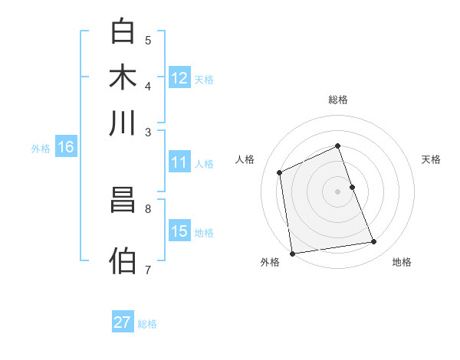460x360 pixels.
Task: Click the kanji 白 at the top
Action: (x=123, y=31)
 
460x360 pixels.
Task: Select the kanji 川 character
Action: (x=123, y=123)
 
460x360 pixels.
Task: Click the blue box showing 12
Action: (x=179, y=78)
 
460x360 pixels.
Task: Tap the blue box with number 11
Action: (x=179, y=162)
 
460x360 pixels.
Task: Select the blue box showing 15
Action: (x=179, y=231)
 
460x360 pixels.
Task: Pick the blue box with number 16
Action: (x=66, y=148)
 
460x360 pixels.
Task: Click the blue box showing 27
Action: (x=123, y=322)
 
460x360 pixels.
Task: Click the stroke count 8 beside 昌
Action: (x=148, y=208)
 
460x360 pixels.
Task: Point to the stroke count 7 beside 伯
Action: (x=148, y=270)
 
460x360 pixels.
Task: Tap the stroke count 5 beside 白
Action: (x=148, y=40)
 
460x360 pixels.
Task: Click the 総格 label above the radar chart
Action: (x=337, y=100)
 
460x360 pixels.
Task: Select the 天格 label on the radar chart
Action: (x=431, y=159)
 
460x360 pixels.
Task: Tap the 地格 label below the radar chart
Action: (x=402, y=263)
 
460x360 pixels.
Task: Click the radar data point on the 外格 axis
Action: (x=292, y=254)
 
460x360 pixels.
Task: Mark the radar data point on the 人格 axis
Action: (x=280, y=172)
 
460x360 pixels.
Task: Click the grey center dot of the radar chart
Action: (x=337, y=191)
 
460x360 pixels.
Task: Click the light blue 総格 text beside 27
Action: (x=147, y=324)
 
